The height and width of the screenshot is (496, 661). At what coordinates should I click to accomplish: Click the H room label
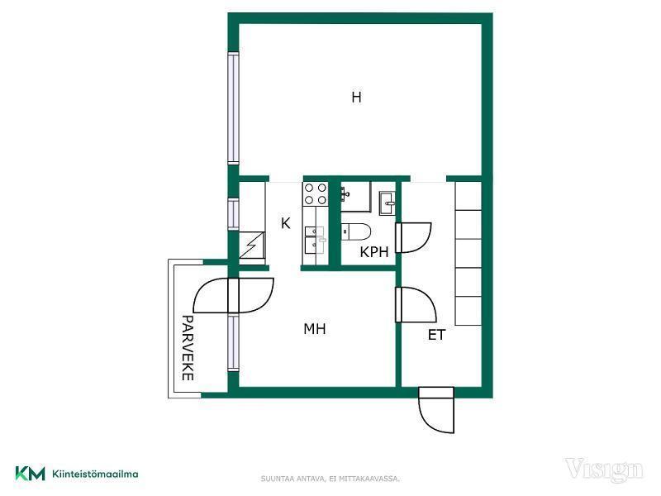click(x=356, y=98)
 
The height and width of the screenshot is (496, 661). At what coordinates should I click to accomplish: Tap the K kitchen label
click(x=285, y=223)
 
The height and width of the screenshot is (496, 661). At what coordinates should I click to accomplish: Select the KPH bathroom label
click(x=374, y=252)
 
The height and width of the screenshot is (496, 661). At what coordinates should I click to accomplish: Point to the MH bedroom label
click(x=315, y=329)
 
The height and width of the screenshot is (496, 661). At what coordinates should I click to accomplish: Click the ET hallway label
click(x=436, y=335)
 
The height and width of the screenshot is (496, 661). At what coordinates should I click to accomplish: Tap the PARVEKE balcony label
click(x=188, y=348)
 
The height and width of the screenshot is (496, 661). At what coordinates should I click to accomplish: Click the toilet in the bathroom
click(x=356, y=232)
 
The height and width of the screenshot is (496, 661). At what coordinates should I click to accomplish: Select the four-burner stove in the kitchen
click(x=316, y=193)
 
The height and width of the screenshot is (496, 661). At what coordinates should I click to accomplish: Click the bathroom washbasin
click(x=387, y=203)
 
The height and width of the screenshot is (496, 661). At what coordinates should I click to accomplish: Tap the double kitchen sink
click(x=315, y=240)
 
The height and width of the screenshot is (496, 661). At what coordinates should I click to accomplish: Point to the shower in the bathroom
click(x=355, y=197)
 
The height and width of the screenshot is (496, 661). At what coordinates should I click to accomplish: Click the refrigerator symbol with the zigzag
click(x=252, y=245)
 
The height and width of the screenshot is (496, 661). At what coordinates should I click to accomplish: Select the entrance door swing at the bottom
click(x=436, y=410)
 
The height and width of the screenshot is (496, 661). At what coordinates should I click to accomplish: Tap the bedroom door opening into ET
click(x=416, y=304)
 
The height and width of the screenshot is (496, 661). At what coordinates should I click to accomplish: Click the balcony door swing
click(x=233, y=295)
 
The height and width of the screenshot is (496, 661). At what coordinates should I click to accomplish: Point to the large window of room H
click(x=233, y=108)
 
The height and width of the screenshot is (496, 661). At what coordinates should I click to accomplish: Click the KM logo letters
click(x=30, y=473)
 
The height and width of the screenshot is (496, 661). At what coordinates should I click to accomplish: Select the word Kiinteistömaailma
click(x=95, y=474)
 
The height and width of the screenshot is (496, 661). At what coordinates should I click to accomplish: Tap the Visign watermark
click(x=604, y=470)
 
